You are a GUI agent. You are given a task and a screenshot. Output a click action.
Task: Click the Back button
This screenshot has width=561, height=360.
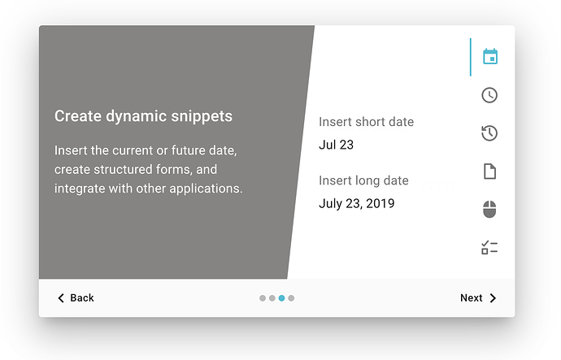[x=76, y=297]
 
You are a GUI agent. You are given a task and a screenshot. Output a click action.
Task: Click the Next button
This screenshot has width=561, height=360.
[x=478, y=297]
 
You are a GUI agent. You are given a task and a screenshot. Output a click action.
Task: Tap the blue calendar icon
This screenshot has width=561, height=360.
[x=489, y=57]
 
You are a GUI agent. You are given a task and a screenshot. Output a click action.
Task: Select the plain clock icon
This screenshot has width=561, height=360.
[x=489, y=95]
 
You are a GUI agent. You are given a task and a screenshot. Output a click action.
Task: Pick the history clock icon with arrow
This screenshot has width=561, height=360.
[x=489, y=133]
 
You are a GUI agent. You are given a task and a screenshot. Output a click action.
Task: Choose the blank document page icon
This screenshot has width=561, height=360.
[x=489, y=171]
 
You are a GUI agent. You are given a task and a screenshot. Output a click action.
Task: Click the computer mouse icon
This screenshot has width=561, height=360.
[x=489, y=209]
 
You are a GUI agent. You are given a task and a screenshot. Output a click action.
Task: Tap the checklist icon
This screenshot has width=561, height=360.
[x=489, y=247]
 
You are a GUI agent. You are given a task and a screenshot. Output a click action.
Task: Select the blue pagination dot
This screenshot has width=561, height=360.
[x=281, y=298]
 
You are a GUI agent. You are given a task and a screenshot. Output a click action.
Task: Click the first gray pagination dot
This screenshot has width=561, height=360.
[x=263, y=298]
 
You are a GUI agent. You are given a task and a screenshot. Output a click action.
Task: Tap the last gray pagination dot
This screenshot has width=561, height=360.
[x=291, y=298]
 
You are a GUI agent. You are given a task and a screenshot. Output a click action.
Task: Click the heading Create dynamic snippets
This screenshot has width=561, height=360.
[x=143, y=116]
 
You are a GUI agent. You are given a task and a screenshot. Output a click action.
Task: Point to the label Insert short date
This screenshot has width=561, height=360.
[x=367, y=122]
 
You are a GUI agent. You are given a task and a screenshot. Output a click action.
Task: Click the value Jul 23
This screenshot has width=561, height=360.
[x=336, y=145]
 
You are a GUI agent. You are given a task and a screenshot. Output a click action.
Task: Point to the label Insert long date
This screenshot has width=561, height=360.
[x=363, y=180]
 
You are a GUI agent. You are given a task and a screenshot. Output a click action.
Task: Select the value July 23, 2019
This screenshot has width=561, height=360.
[x=357, y=203]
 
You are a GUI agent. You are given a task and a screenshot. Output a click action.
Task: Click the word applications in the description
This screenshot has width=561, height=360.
[x=206, y=189]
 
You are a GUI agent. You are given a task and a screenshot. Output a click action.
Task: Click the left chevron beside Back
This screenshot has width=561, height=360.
[x=61, y=298]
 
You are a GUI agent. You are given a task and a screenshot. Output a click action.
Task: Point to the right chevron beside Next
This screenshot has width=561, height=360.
[x=493, y=298]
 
